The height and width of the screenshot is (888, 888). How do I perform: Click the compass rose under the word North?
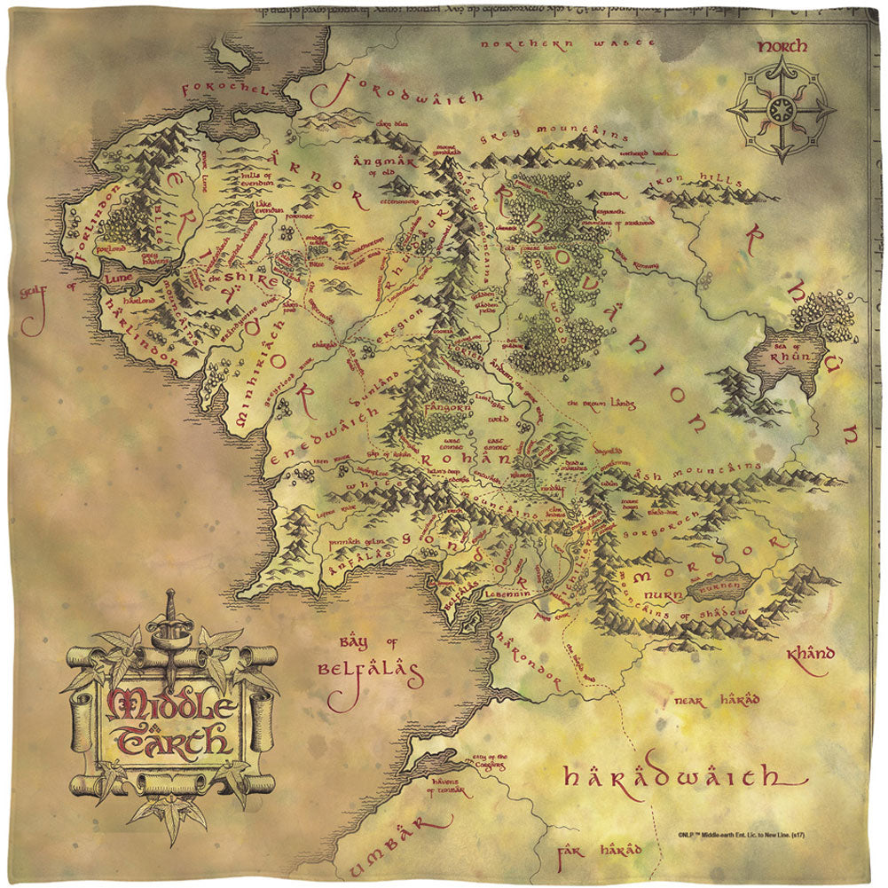point(781,109)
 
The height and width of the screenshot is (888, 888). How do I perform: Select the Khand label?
point(811,655)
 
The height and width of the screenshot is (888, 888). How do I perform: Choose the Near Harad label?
point(717,700)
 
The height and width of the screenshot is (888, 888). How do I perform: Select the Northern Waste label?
point(568,43)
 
